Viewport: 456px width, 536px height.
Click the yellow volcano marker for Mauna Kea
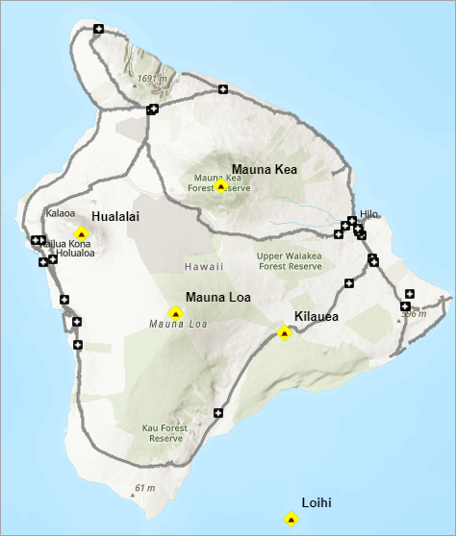(221, 185)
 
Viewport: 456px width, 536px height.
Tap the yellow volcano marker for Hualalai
(82, 233)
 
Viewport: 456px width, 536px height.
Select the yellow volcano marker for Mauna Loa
(175, 313)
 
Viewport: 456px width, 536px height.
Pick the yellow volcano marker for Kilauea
(284, 333)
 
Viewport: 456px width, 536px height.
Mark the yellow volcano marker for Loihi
(291, 520)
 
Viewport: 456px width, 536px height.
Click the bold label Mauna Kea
(265, 169)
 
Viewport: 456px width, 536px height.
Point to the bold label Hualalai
(115, 217)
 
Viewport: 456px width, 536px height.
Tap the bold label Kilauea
(317, 316)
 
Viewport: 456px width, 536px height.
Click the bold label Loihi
(317, 501)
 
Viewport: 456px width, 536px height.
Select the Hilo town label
(370, 214)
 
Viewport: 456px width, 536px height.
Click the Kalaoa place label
(60, 212)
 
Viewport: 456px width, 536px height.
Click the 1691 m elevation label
(153, 79)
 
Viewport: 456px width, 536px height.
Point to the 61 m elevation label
(144, 488)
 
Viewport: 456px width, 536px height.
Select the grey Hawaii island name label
(205, 266)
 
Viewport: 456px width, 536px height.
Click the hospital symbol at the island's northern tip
(98, 29)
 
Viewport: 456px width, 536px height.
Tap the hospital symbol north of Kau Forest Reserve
(218, 413)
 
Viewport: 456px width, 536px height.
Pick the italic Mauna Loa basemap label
(178, 325)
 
